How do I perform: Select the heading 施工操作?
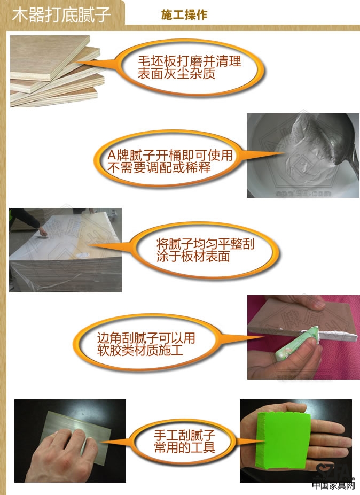[184, 15]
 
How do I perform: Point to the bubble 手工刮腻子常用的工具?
[184, 440]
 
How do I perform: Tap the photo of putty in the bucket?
[302, 155]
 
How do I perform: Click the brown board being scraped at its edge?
[299, 321]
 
